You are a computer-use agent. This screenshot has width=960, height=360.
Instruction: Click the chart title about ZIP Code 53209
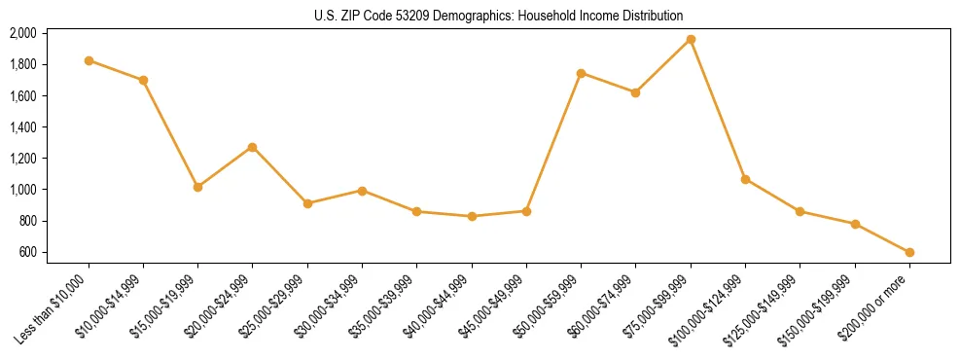(499, 16)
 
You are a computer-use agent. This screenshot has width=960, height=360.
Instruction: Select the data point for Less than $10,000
(89, 60)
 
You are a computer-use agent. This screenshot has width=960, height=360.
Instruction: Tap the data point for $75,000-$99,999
(691, 40)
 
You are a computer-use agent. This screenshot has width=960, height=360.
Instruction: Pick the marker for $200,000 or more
(909, 252)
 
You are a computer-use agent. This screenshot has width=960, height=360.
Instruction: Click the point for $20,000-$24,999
(253, 147)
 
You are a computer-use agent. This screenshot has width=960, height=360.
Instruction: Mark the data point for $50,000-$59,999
(581, 73)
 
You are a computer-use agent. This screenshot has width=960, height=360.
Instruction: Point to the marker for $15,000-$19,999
(198, 187)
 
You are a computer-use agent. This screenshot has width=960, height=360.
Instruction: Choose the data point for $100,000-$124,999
(745, 179)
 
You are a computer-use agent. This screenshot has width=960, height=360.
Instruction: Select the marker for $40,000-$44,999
(472, 216)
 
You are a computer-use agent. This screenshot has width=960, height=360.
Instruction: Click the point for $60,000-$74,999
(636, 92)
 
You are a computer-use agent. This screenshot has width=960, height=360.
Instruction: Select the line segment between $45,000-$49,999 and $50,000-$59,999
(553, 142)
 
